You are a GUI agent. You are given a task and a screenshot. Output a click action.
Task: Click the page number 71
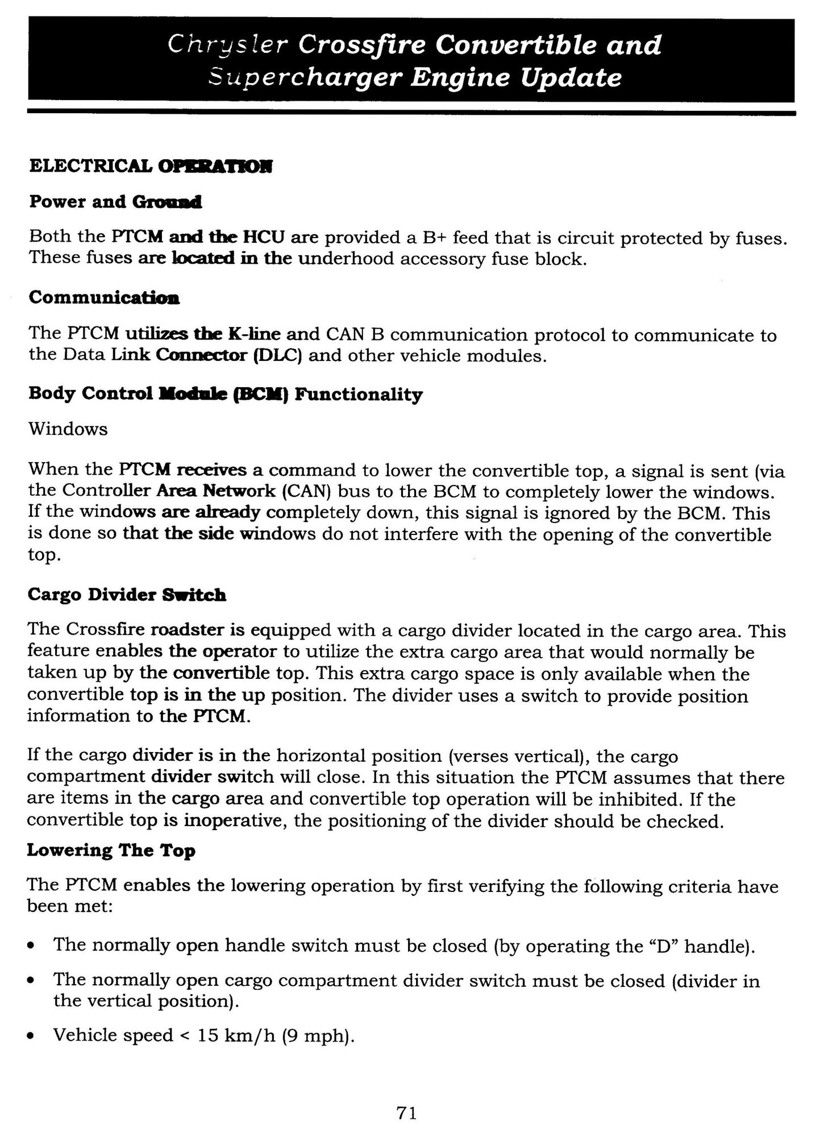407,1113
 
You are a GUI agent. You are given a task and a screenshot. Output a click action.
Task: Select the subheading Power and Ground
115,202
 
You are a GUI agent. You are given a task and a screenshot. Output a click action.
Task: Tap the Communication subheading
104,297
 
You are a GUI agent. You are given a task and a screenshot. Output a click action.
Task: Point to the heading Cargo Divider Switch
127,595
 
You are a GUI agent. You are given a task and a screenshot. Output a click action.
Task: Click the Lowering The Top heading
111,850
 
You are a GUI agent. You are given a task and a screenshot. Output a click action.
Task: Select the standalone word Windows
68,428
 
